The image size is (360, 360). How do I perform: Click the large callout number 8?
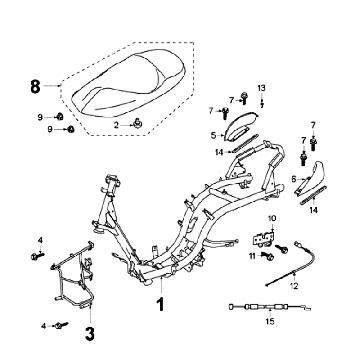35,86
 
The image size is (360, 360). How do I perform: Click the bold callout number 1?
161,304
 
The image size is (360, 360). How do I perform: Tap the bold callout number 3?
90,334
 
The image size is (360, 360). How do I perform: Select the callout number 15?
270,321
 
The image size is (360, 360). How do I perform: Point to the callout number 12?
294,286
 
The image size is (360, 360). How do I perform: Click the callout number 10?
272,219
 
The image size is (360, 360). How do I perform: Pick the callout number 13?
262,88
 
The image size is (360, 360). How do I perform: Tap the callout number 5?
213,135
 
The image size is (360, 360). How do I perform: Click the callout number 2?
116,125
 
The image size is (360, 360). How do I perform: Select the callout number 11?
253,256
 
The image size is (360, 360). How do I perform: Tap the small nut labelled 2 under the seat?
137,124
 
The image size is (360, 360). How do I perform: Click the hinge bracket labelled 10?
263,239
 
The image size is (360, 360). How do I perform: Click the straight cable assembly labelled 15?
270,307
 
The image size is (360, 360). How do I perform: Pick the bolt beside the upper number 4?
37,256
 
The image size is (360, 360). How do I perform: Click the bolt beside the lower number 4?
61,325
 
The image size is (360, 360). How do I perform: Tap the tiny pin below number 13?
262,103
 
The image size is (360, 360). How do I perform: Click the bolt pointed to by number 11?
268,257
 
